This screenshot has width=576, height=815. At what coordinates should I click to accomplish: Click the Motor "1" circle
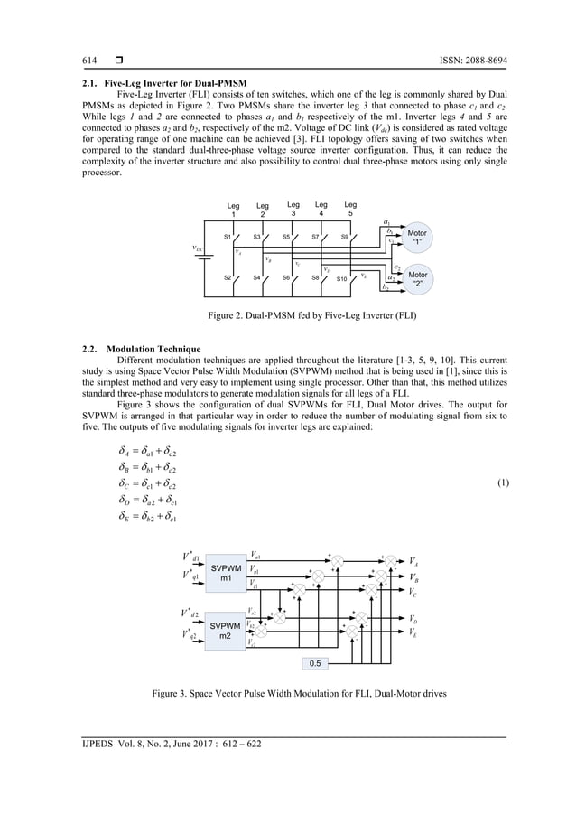tap(417, 238)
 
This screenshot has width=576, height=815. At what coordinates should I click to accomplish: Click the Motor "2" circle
tap(417, 278)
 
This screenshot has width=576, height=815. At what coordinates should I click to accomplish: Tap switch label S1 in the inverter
tap(228, 237)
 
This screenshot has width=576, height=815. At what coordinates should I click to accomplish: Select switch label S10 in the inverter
tap(342, 279)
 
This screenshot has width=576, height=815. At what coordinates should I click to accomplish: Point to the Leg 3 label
tap(293, 210)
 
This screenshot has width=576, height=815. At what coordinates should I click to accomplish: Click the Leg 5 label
tap(350, 210)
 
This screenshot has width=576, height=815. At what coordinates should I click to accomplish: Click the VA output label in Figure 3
tap(413, 561)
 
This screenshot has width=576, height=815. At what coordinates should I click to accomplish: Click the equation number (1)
tap(503, 482)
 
